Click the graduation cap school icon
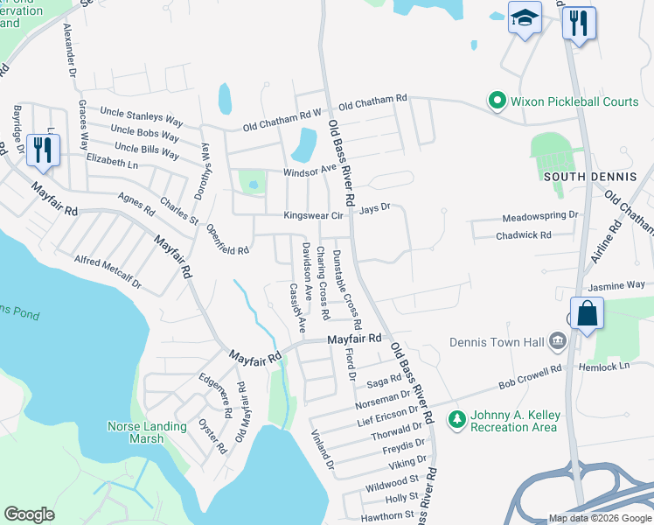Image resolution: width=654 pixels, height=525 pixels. pyautogui.click(x=525, y=18)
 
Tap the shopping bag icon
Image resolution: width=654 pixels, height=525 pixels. pyautogui.click(x=586, y=313)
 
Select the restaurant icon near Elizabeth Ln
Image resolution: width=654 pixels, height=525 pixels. pyautogui.click(x=42, y=150)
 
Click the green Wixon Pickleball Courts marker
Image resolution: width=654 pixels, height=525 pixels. pyautogui.click(x=497, y=101)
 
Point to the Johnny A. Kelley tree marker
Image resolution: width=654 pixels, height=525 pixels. pyautogui.click(x=456, y=420)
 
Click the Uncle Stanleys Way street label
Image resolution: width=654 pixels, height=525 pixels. pyautogui.click(x=141, y=114)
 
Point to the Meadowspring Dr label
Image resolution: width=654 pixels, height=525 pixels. pyautogui.click(x=540, y=215)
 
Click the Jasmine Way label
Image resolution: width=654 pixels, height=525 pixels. pyautogui.click(x=616, y=285)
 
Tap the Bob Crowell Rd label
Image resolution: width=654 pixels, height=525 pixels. pyautogui.click(x=529, y=378)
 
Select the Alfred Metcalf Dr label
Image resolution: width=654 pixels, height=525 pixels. pyautogui.click(x=108, y=272)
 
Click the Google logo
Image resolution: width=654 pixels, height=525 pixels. pyautogui.click(x=30, y=514)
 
